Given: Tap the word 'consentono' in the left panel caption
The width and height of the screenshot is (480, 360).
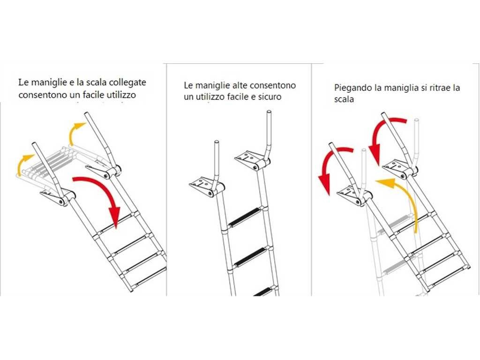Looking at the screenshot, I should [x=40, y=95].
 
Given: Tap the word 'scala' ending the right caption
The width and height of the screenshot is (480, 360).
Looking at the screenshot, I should [x=345, y=100].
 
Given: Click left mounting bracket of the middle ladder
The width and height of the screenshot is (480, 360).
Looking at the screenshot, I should [x=205, y=185].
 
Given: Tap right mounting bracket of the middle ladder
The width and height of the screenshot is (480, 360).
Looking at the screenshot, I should [x=251, y=160].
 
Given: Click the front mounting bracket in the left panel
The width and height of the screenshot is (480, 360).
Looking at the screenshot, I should [x=57, y=196].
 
